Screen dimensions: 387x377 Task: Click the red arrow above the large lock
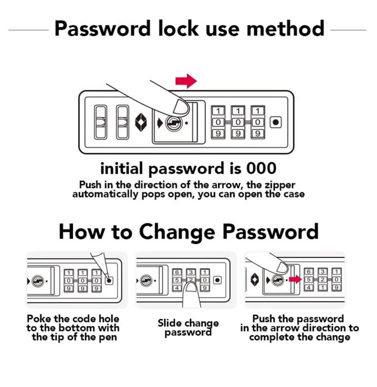tap(186, 81)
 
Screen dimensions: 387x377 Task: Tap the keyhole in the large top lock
tap(173, 123)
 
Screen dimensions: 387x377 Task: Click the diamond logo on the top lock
tap(141, 122)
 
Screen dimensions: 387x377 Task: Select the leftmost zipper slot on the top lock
tap(100, 122)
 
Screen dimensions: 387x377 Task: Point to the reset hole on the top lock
tap(275, 122)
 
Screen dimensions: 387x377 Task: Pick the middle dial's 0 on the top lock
tap(238, 122)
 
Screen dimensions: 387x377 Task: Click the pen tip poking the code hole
tap(107, 278)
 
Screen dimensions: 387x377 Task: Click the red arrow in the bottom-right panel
tap(294, 279)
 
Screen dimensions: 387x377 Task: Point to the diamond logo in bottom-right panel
tap(255, 280)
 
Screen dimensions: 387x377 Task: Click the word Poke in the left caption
tap(40, 319)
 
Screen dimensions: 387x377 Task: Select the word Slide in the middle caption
tap(170, 323)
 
